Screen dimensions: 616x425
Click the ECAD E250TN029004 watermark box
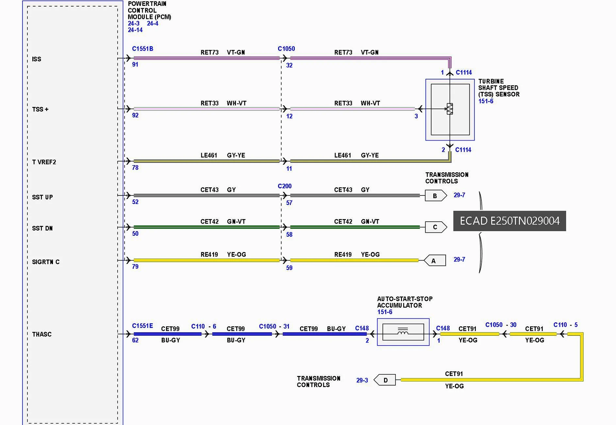[x=509, y=221]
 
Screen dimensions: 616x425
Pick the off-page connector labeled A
[x=435, y=261]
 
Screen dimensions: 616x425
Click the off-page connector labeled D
[x=385, y=380]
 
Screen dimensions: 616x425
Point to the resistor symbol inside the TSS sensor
[x=450, y=109]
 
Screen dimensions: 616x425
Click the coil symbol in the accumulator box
[x=403, y=332]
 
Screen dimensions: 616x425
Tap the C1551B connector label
[x=142, y=49]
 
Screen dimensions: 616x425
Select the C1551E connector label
[x=142, y=326]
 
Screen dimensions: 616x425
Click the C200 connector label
[x=285, y=186]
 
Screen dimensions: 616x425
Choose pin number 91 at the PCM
[x=135, y=64]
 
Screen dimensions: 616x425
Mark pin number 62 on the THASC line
[x=135, y=340]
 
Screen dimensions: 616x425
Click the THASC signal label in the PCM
[x=42, y=334]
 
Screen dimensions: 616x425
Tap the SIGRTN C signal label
[x=46, y=262]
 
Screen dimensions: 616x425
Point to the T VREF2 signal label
[x=44, y=162]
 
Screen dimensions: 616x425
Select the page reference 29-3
[x=362, y=380]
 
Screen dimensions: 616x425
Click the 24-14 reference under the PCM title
[x=135, y=30]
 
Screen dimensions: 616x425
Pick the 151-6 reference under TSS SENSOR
[x=486, y=101]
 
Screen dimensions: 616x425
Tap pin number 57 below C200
[x=289, y=203]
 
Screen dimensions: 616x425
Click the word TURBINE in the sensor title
[x=491, y=81]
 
